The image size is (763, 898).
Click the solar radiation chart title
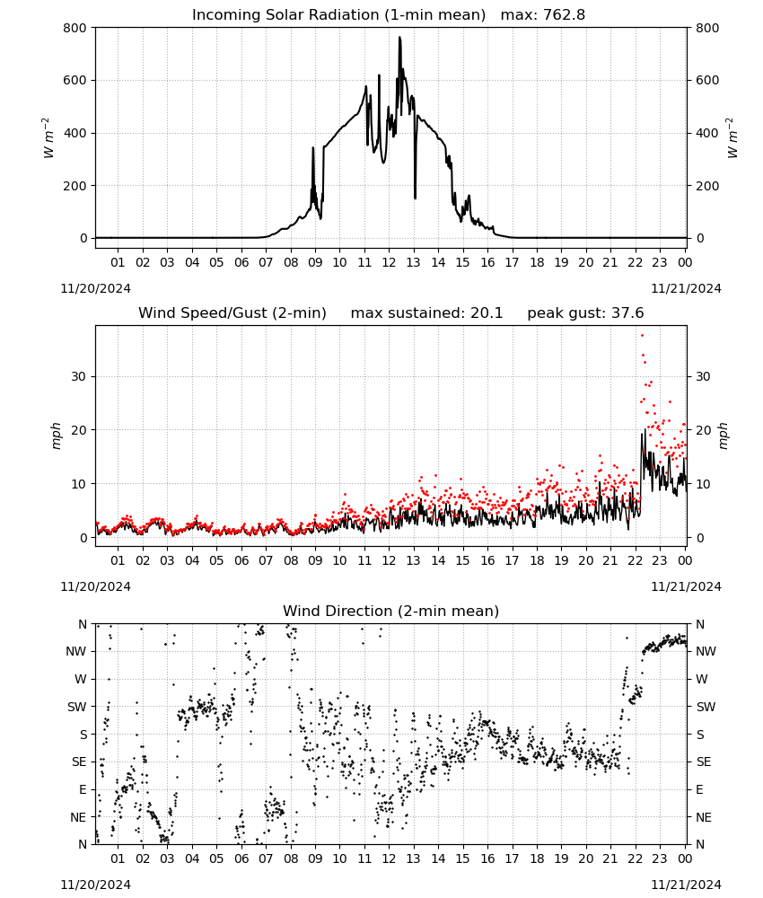click(x=389, y=14)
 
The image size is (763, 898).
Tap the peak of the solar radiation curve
click(x=399, y=38)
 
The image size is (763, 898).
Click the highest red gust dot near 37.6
click(x=642, y=335)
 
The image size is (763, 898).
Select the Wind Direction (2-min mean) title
click(x=391, y=611)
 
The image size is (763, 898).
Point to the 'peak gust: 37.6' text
click(x=585, y=313)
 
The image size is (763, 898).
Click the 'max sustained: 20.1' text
click(x=426, y=313)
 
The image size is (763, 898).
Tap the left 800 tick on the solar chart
click(x=75, y=28)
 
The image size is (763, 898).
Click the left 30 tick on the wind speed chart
click(x=80, y=377)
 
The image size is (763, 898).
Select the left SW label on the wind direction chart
click(x=77, y=707)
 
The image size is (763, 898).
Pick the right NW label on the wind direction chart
click(x=706, y=651)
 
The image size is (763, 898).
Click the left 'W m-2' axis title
click(x=48, y=137)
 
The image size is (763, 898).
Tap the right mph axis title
click(x=723, y=436)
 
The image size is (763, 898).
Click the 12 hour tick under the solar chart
click(x=389, y=262)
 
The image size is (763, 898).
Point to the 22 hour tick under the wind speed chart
click(x=635, y=560)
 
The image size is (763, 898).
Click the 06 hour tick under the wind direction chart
click(x=241, y=858)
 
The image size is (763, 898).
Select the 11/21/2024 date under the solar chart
click(x=686, y=288)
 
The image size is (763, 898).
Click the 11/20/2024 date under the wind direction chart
click(x=95, y=885)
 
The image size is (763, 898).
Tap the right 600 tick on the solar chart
click(x=707, y=81)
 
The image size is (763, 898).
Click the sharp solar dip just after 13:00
click(x=415, y=198)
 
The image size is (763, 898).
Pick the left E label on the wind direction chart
click(x=83, y=789)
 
